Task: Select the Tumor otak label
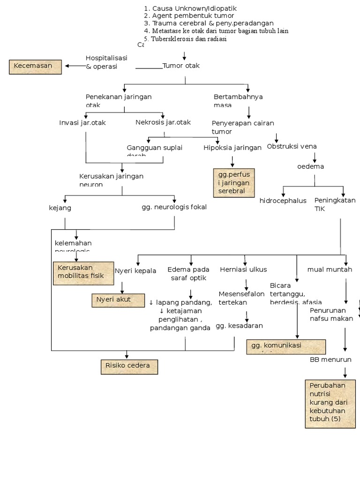181,66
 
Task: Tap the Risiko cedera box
129,367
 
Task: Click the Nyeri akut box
118,300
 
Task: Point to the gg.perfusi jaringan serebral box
234,183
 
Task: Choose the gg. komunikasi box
286,346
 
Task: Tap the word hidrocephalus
283,201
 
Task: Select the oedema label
310,166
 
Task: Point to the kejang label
60,207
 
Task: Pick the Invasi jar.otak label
82,123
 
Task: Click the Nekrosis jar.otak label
163,122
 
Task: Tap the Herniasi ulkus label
243,270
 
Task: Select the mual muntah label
330,270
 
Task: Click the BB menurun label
330,360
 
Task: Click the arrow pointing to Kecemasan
74,66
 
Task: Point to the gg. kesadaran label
239,326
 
